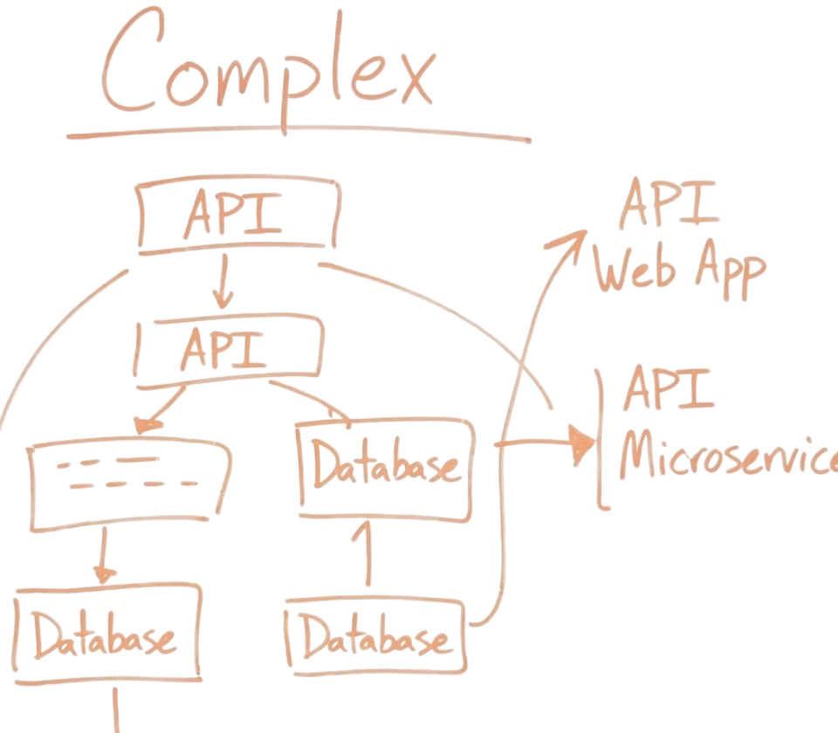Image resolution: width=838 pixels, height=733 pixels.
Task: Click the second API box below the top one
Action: (x=229, y=352)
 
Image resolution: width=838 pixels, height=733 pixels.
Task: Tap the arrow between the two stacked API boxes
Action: (x=223, y=281)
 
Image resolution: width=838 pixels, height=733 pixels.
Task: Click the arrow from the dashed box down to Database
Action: (x=105, y=558)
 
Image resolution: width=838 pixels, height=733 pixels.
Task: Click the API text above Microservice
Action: (x=669, y=390)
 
